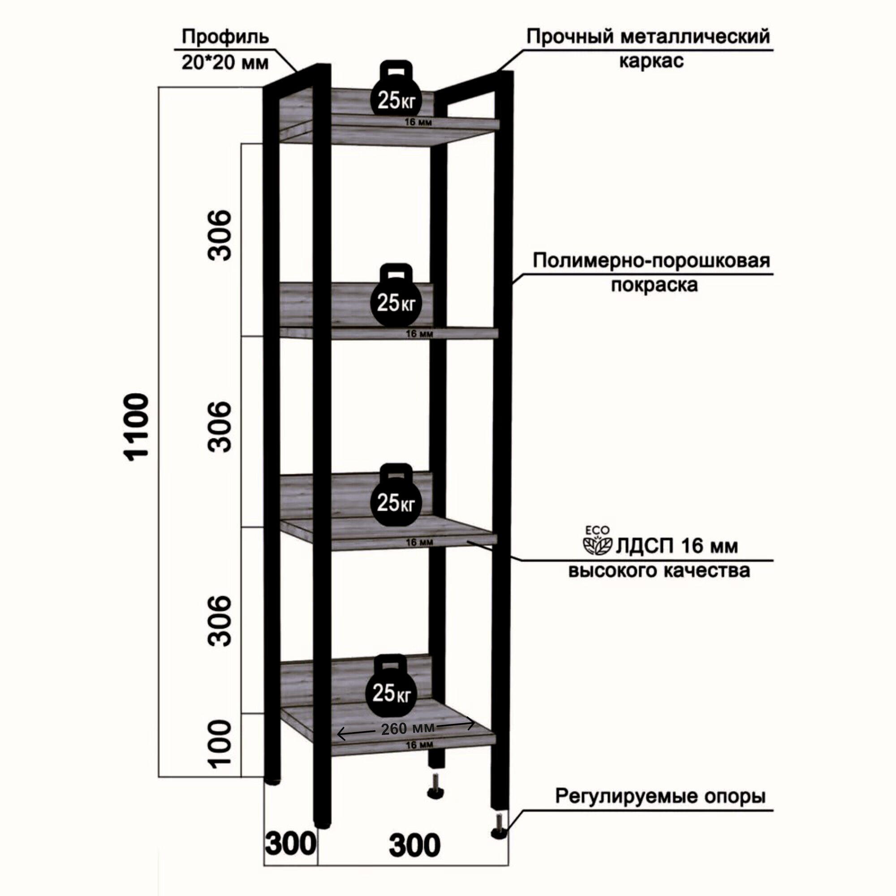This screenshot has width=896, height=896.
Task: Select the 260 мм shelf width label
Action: pyautogui.click(x=407, y=728)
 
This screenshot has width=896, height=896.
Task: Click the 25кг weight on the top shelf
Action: pyautogui.click(x=396, y=95)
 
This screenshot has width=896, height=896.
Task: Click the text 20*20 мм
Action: pyautogui.click(x=225, y=62)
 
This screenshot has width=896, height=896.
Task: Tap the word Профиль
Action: pyautogui.click(x=225, y=37)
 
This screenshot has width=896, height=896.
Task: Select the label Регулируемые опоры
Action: pyautogui.click(x=660, y=796)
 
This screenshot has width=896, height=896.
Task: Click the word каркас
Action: pyautogui.click(x=651, y=61)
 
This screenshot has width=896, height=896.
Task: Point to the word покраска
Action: pyautogui.click(x=654, y=285)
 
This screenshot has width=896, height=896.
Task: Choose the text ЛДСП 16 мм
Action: pyautogui.click(x=676, y=546)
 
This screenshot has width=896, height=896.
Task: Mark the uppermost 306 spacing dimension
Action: pyautogui.click(x=219, y=235)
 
